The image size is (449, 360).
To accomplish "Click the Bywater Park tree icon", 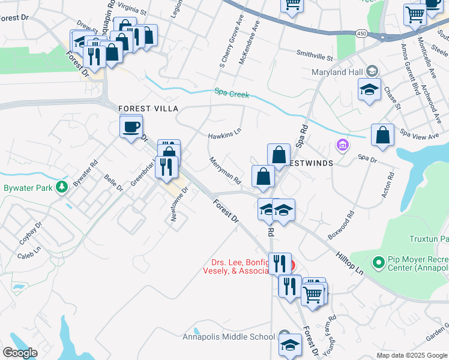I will (61, 188).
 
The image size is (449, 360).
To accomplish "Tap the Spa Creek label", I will (231, 93).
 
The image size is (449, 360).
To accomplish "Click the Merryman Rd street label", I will (225, 170).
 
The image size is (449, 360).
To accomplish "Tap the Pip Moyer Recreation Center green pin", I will (378, 262).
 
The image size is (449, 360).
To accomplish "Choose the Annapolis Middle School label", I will (228, 336).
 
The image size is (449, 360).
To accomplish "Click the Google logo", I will (20, 352).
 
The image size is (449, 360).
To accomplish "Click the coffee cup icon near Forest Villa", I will (131, 127).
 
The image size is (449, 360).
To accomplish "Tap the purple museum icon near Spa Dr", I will (343, 145).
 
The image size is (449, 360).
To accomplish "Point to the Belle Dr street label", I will (113, 184).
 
